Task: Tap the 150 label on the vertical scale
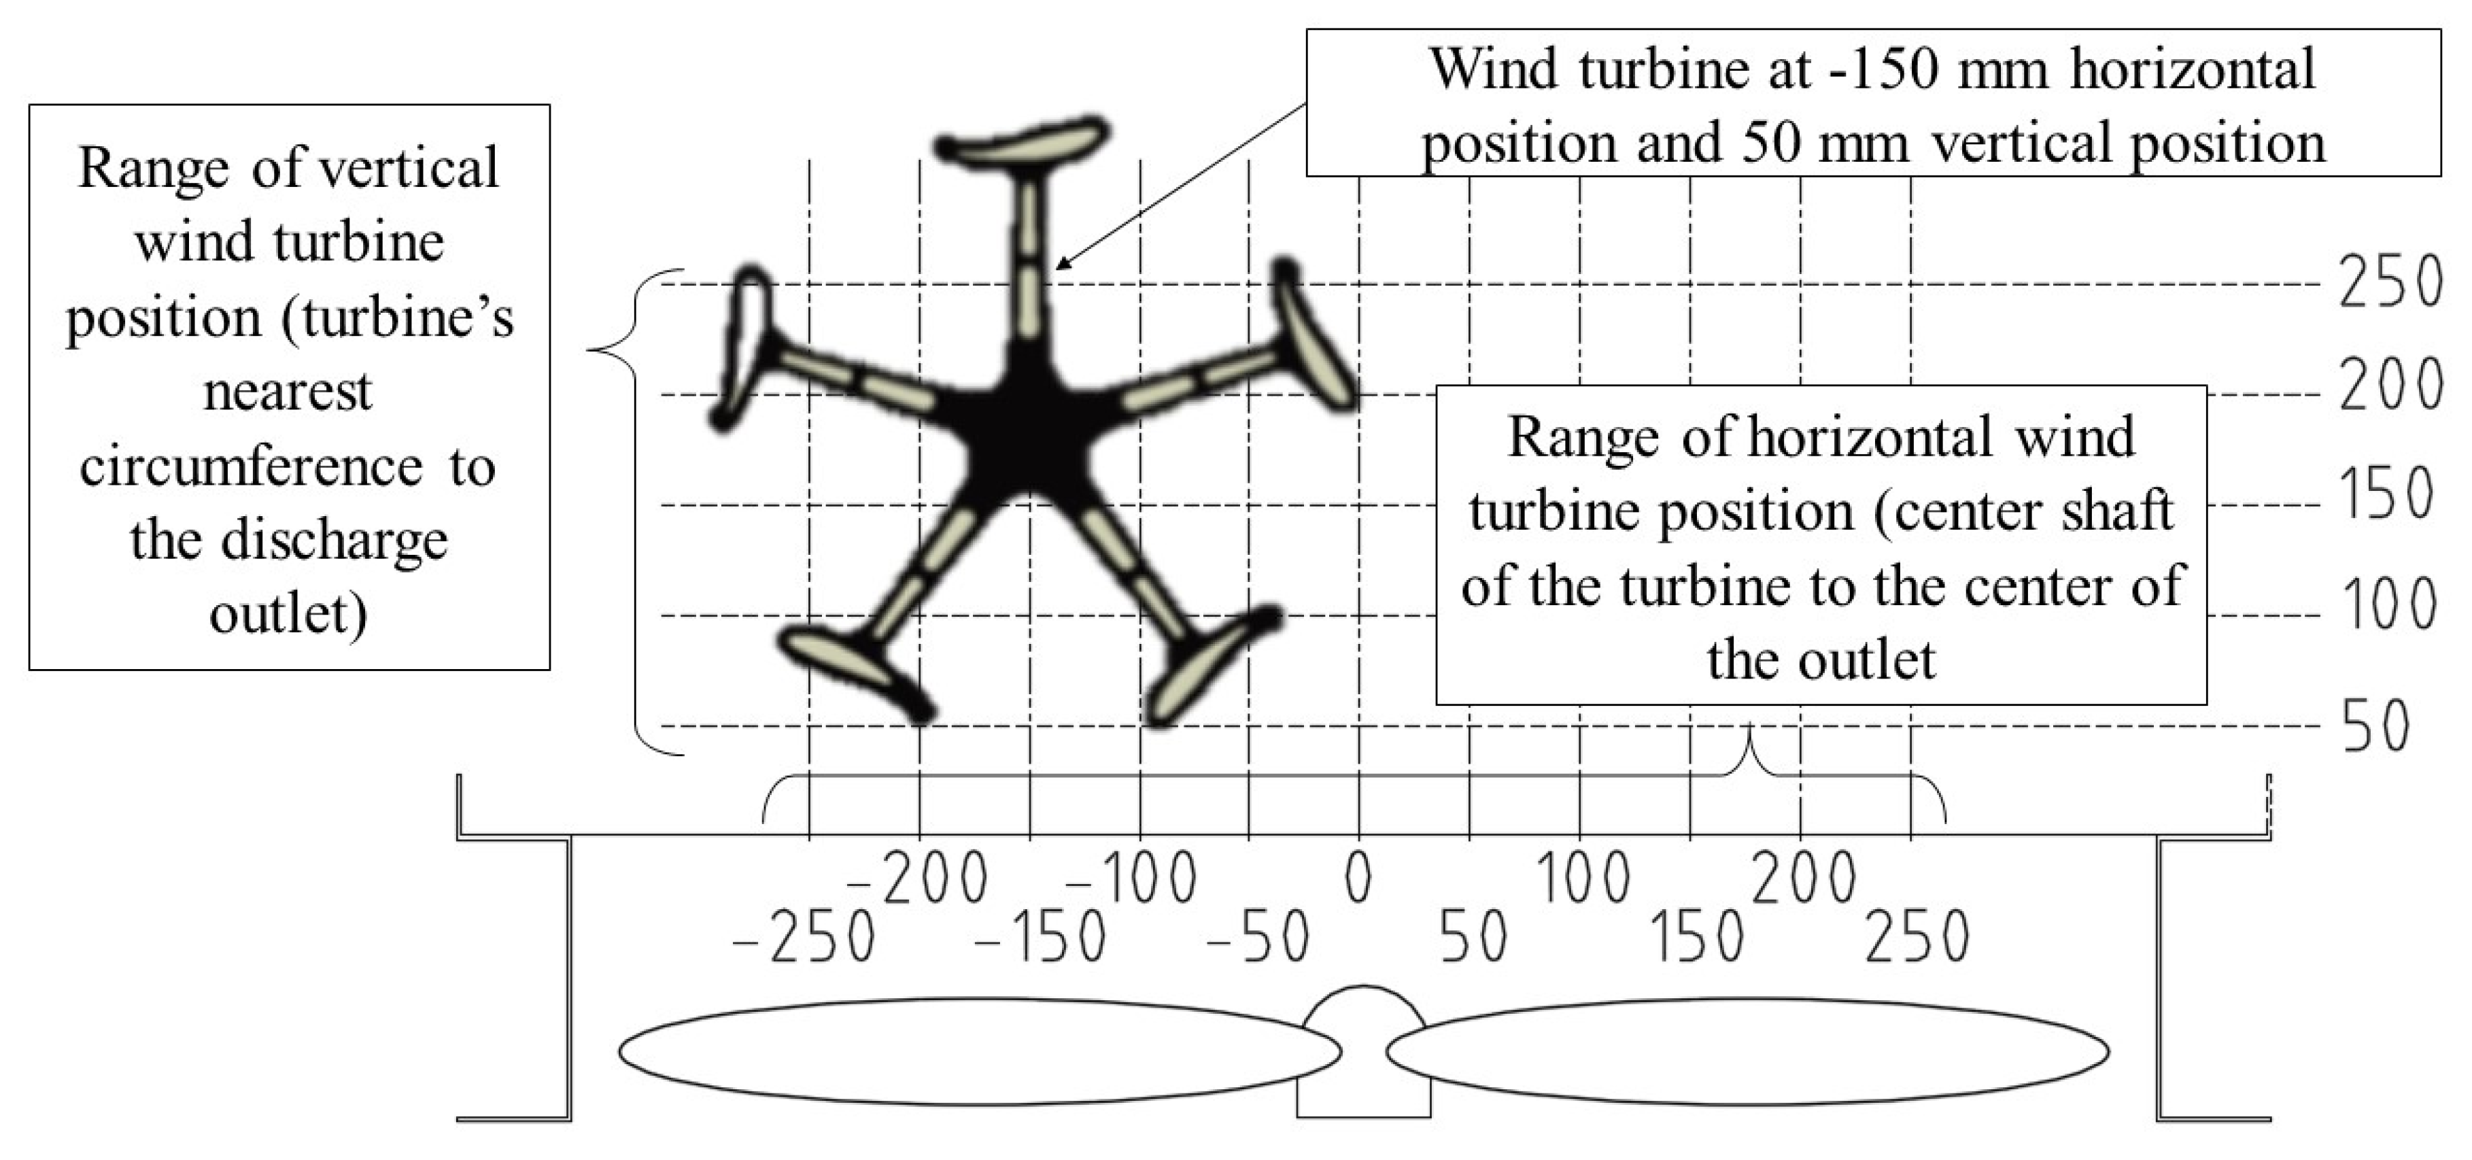2386,495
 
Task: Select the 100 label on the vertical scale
2388,605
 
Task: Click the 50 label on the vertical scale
2376,726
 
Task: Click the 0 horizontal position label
1358,878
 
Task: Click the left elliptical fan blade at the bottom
979,1052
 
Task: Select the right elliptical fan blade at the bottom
1747,1052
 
